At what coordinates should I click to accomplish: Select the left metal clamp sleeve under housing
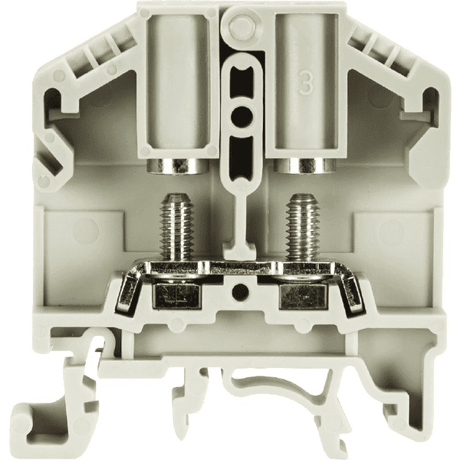click(x=176, y=166)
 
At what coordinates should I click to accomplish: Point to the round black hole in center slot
click(x=242, y=115)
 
